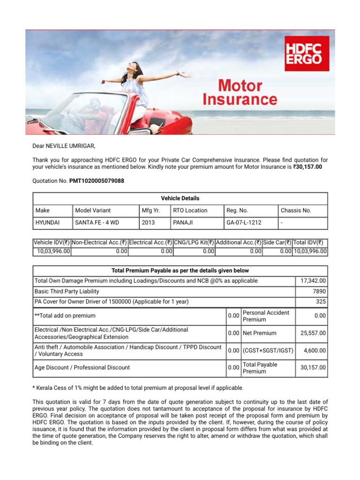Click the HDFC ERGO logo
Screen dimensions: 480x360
pyautogui.click(x=307, y=53)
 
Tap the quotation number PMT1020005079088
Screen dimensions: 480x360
pyautogui.click(x=97, y=181)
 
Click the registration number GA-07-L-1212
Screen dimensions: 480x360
pyautogui.click(x=244, y=223)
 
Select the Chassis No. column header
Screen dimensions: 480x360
pyautogui.click(x=296, y=210)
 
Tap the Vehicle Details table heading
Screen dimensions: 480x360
pyautogui.click(x=180, y=198)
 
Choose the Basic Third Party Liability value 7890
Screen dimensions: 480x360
pyautogui.click(x=319, y=292)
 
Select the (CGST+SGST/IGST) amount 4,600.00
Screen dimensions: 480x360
pyautogui.click(x=315, y=350)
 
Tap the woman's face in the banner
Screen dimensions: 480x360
pyautogui.click(x=131, y=68)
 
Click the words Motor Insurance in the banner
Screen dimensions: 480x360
pyautogui.click(x=240, y=93)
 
